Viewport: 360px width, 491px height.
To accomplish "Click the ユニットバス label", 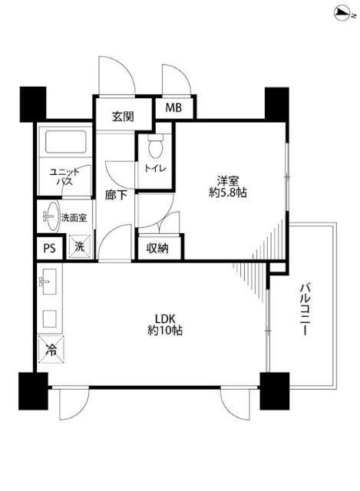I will pyautogui.click(x=61, y=178).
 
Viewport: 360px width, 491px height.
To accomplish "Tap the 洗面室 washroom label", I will pyautogui.click(x=75, y=217).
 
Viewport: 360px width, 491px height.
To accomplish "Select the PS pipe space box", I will pyautogui.click(x=49, y=248).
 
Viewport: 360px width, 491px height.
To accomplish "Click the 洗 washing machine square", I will pyautogui.click(x=78, y=247).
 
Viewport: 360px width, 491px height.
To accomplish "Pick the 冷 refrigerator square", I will pyautogui.click(x=51, y=350).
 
